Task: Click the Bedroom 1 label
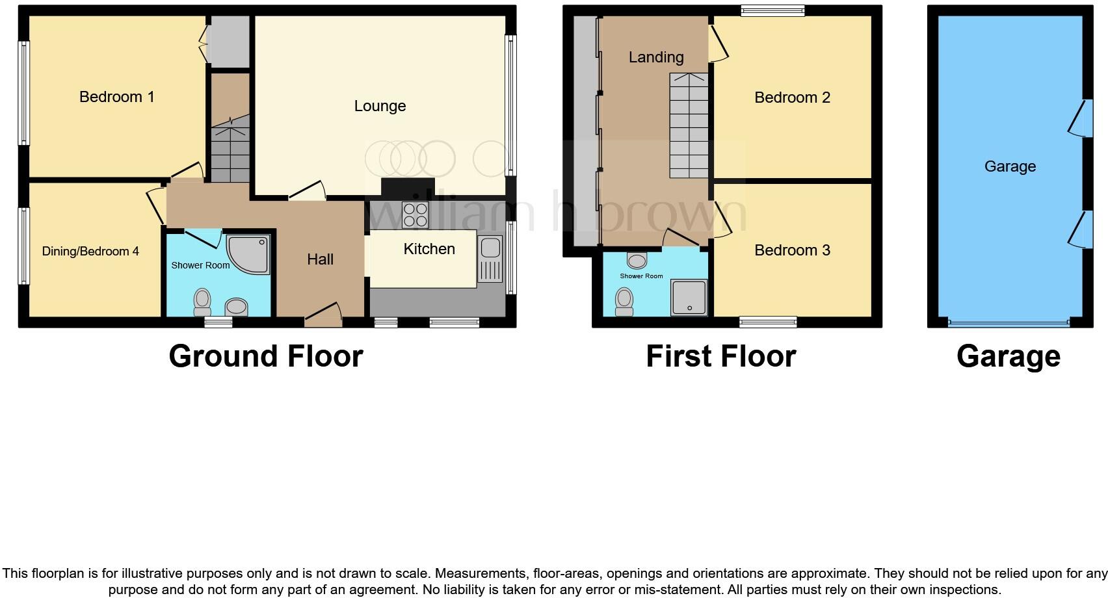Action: pyautogui.click(x=116, y=97)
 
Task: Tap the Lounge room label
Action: pyautogui.click(x=380, y=106)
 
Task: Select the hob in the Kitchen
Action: pyautogui.click(x=415, y=215)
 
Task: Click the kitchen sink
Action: pyautogui.click(x=490, y=258)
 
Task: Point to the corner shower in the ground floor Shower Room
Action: pyautogui.click(x=250, y=253)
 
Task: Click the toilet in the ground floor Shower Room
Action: pyautogui.click(x=202, y=301)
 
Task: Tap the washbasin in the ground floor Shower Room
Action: pyautogui.click(x=236, y=306)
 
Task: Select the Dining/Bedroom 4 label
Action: pyautogui.click(x=90, y=252)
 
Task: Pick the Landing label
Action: pyautogui.click(x=656, y=57)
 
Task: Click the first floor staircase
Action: pyautogui.click(x=689, y=127)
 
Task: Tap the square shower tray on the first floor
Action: pyautogui.click(x=689, y=298)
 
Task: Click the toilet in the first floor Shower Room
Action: pyautogui.click(x=624, y=302)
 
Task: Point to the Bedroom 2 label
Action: pyautogui.click(x=792, y=97)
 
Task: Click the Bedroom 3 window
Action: pyautogui.click(x=768, y=322)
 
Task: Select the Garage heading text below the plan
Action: pyautogui.click(x=1009, y=356)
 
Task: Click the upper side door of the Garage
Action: pyautogui.click(x=1080, y=118)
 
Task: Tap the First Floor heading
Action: pyautogui.click(x=720, y=356)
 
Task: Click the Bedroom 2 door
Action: pyautogui.click(x=717, y=44)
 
